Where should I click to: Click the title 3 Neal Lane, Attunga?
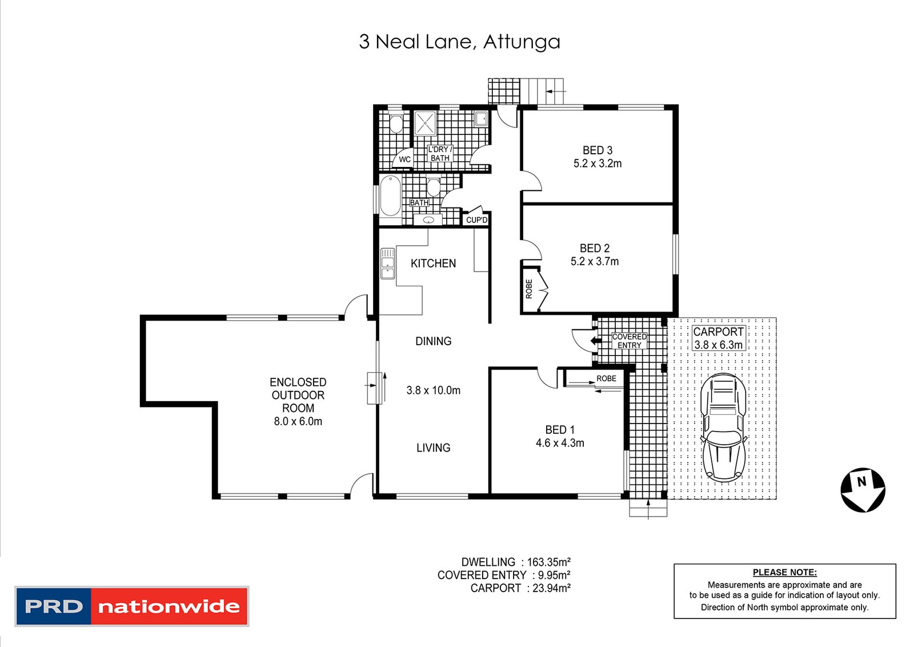click(x=459, y=42)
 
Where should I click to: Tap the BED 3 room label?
click(x=598, y=150)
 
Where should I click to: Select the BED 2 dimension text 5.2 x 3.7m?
click(x=595, y=261)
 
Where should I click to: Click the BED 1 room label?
click(x=560, y=429)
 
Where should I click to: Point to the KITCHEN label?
click(x=433, y=263)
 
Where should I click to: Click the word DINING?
click(x=434, y=341)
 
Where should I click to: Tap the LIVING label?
click(x=434, y=448)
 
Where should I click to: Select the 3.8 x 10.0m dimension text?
click(x=434, y=390)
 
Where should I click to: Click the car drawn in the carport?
click(x=723, y=428)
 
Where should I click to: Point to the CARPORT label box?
click(x=719, y=338)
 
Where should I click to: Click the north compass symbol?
click(x=863, y=490)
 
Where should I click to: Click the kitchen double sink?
click(x=388, y=263)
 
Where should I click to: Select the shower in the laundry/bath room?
click(x=425, y=122)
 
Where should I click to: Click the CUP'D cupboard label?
click(x=476, y=220)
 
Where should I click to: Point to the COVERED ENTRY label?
click(x=629, y=341)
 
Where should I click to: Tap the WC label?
click(x=405, y=159)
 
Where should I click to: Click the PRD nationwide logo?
click(x=132, y=606)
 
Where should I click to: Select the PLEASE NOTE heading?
click(x=785, y=572)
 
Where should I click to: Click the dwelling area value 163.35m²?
click(x=549, y=562)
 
